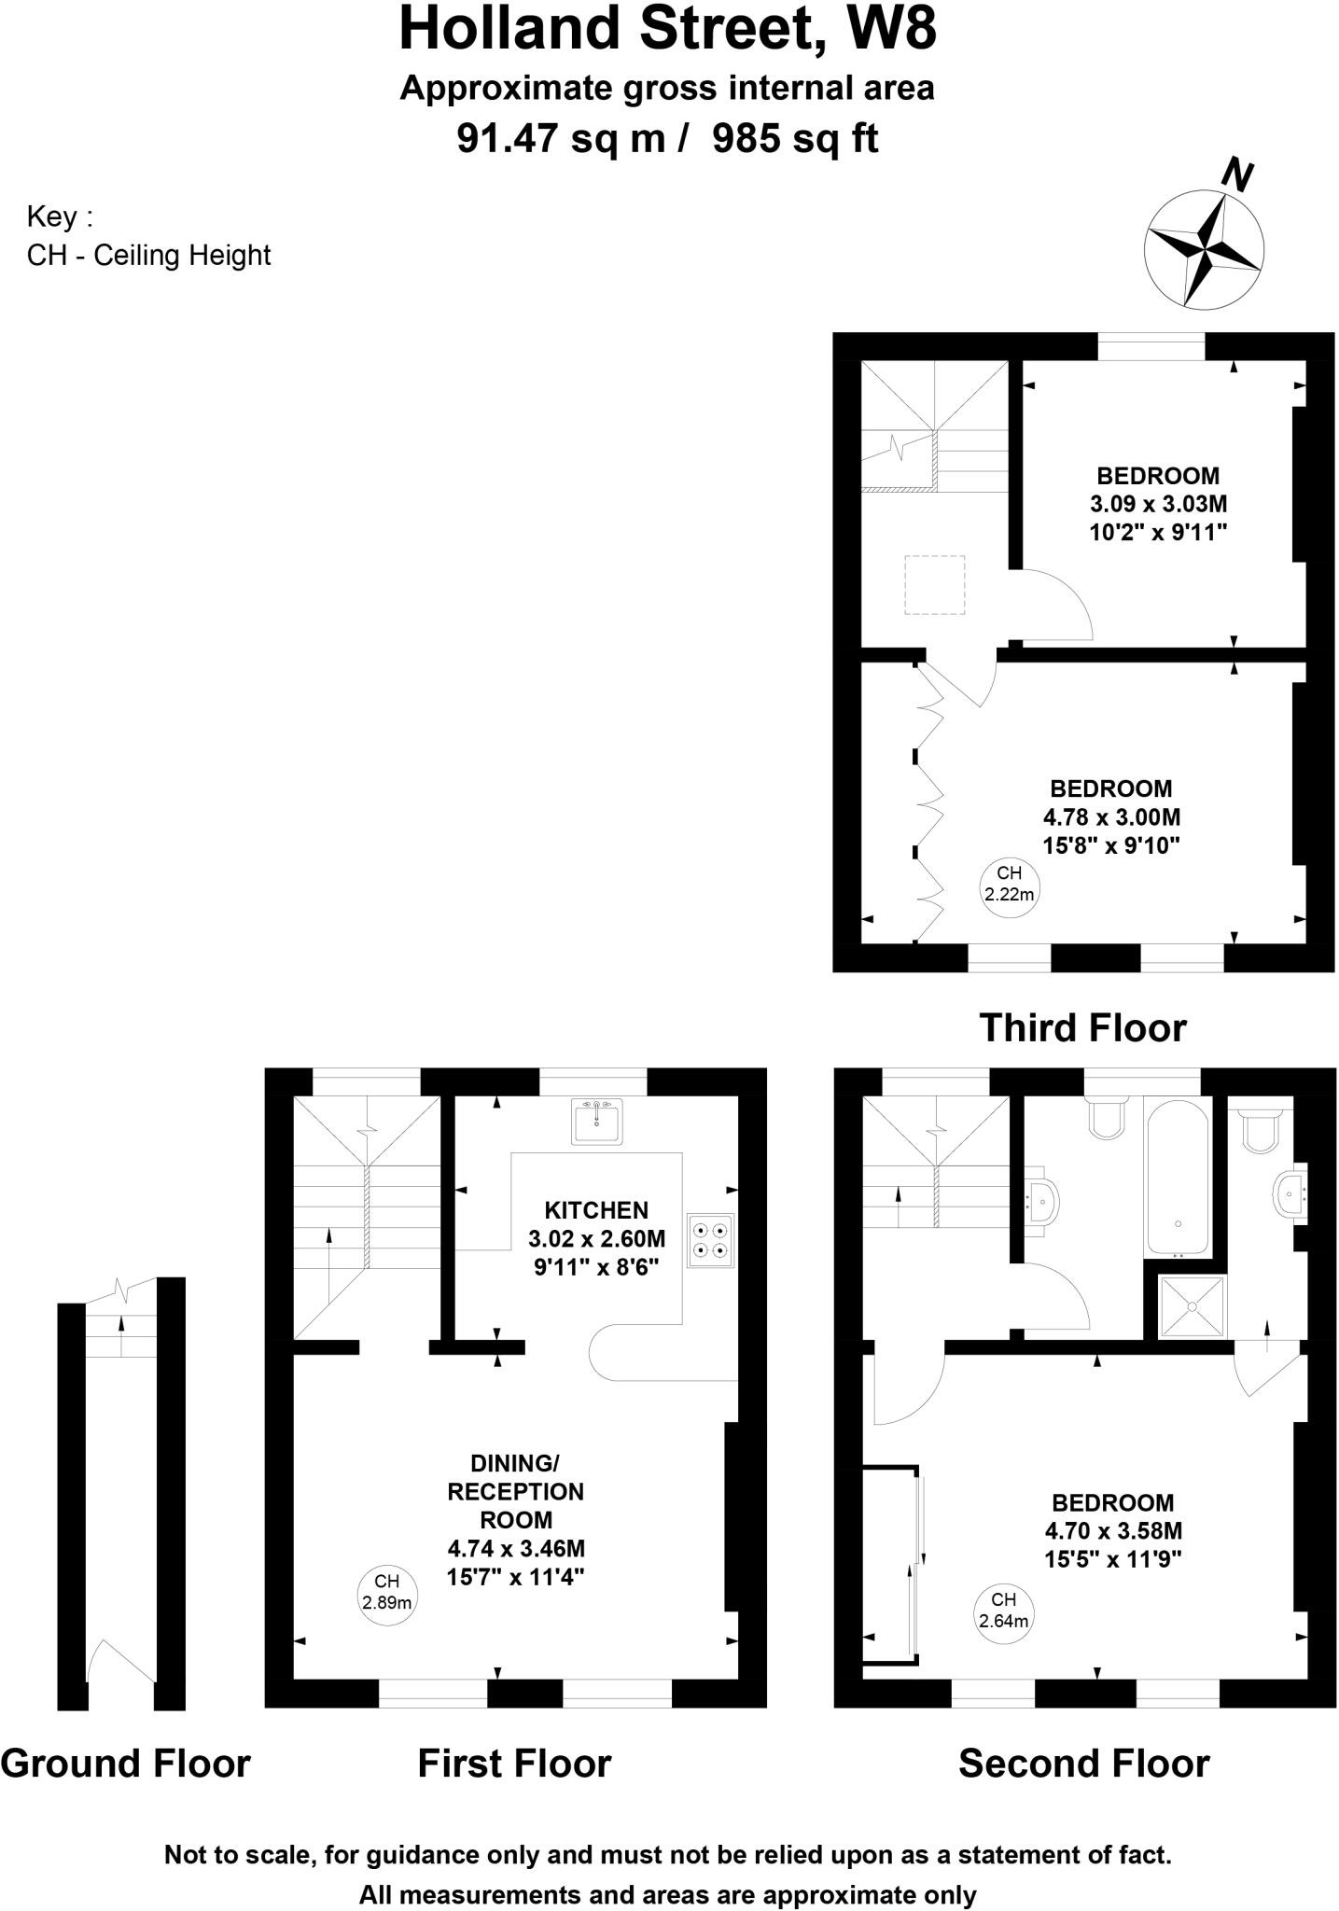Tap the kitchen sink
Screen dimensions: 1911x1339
click(x=596, y=1120)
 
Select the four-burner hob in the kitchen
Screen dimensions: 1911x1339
click(x=710, y=1240)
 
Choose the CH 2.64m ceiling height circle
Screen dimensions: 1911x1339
click(x=1004, y=1611)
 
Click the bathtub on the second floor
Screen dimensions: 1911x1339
click(x=1178, y=1176)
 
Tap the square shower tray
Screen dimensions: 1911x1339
click(x=1192, y=1307)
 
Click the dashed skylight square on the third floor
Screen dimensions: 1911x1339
click(x=934, y=585)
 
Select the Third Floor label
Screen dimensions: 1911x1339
click(x=1082, y=1027)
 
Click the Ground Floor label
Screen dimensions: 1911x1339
click(x=125, y=1764)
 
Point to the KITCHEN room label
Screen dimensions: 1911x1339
click(x=596, y=1210)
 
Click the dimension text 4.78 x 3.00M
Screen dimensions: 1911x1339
click(x=1111, y=817)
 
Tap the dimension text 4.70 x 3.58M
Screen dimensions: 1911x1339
click(x=1113, y=1530)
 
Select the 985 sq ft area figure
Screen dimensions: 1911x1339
click(x=795, y=139)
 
